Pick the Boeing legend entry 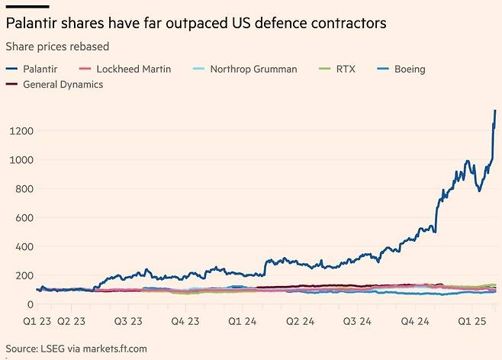click(x=409, y=69)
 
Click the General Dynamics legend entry click(x=63, y=84)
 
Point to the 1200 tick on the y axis click(x=21, y=131)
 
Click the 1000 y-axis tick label click(x=21, y=160)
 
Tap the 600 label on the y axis click(x=25, y=218)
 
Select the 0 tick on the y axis click(x=31, y=304)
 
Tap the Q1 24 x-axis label click(x=242, y=321)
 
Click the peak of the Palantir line click(x=495, y=111)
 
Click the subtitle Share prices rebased click(x=57, y=47)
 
